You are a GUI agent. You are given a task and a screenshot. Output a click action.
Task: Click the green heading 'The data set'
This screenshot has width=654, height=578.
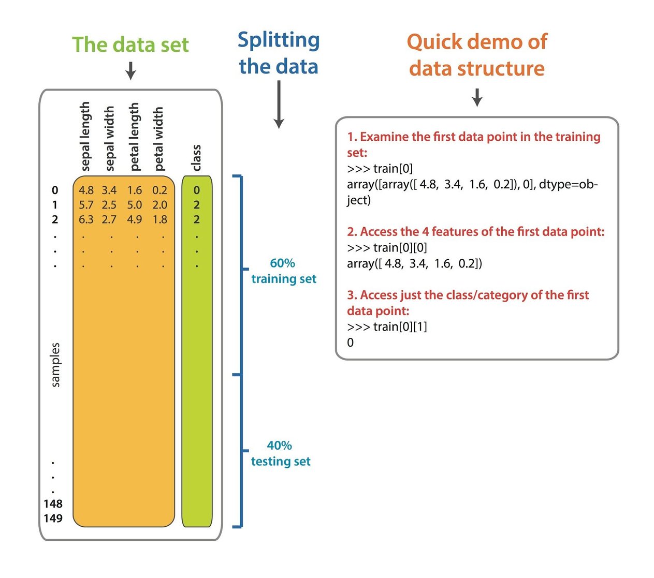coord(130,45)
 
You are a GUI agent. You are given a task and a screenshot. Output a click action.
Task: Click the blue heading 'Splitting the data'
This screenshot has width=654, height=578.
coord(279,53)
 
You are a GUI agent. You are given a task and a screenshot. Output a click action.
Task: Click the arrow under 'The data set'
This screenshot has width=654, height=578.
coord(130,70)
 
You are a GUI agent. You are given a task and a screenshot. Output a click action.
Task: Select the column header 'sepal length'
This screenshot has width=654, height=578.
coord(85,136)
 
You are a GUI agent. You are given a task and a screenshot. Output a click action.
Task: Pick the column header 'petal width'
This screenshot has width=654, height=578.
coord(158,139)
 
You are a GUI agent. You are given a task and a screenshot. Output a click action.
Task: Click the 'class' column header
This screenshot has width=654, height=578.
coord(196,158)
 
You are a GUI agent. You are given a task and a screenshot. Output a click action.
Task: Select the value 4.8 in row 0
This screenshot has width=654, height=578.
coord(86,190)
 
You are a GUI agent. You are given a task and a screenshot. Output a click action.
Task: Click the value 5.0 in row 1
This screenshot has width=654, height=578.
coord(135,205)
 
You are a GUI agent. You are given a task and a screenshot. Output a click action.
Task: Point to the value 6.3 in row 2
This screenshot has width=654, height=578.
coord(86,219)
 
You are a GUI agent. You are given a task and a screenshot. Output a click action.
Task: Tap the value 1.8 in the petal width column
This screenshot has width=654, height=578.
coord(159,219)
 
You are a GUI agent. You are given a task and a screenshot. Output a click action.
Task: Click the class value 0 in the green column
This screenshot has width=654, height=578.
coord(197,190)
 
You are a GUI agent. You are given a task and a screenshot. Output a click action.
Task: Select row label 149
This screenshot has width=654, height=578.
coord(53,518)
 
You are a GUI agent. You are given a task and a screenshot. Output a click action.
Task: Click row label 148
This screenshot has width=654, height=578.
coord(53,503)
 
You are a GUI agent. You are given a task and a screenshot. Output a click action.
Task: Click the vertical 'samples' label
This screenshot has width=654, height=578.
coord(55,365)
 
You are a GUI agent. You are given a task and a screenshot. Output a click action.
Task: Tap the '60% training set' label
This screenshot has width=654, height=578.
coord(283,271)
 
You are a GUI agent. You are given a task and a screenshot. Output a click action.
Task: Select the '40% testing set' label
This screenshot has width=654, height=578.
coord(281,453)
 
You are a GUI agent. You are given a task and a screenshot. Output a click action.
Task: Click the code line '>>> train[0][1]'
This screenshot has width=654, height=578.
coord(387,327)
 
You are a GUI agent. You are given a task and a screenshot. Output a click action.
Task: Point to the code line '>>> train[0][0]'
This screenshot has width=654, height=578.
coord(387,247)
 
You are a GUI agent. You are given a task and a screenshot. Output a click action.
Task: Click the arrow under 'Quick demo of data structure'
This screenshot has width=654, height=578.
coord(477,97)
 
